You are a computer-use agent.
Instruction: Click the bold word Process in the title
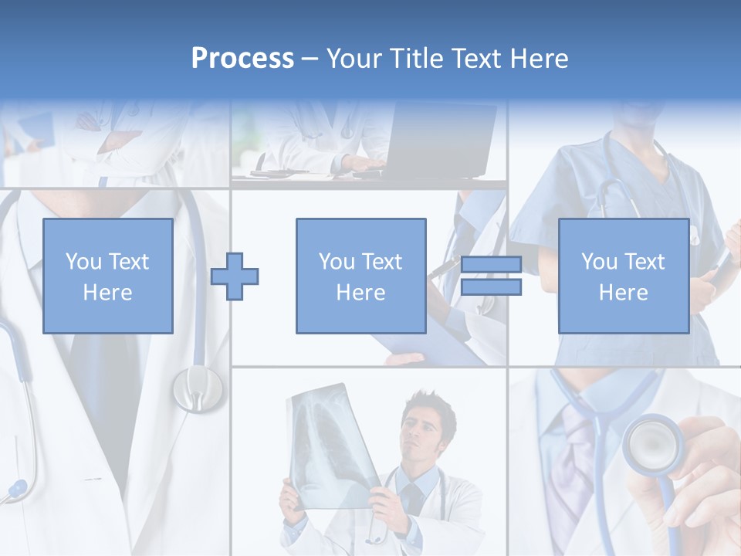[x=242, y=59]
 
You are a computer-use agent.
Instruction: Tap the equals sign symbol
[x=491, y=276]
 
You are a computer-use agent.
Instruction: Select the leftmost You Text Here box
[x=108, y=276]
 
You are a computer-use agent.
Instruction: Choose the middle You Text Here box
[x=360, y=276]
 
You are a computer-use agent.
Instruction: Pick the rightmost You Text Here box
[x=623, y=276]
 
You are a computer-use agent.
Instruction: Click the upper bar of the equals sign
[x=491, y=265]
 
